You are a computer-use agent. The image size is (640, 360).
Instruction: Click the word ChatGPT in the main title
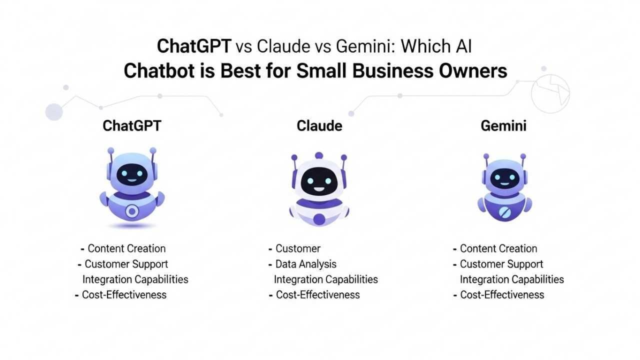point(194,46)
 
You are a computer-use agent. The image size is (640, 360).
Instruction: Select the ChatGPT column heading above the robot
point(132,125)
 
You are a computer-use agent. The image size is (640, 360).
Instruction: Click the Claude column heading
point(319,125)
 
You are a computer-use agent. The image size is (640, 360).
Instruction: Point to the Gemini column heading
point(503,125)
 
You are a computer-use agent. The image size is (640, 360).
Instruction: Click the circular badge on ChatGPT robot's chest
point(132,211)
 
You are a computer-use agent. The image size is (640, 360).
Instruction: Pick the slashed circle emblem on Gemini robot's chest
point(504,212)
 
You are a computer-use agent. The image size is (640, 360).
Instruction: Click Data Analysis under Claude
point(306,264)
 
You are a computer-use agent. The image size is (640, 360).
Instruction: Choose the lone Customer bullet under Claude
point(298,248)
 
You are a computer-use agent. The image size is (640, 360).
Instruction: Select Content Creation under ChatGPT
point(126,248)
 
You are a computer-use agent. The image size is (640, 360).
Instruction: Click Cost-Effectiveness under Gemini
point(502,294)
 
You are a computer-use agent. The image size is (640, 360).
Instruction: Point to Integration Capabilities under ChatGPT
point(135,279)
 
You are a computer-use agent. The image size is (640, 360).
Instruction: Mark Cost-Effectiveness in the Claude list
point(318,294)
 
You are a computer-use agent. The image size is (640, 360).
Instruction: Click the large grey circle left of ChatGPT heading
point(54,112)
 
